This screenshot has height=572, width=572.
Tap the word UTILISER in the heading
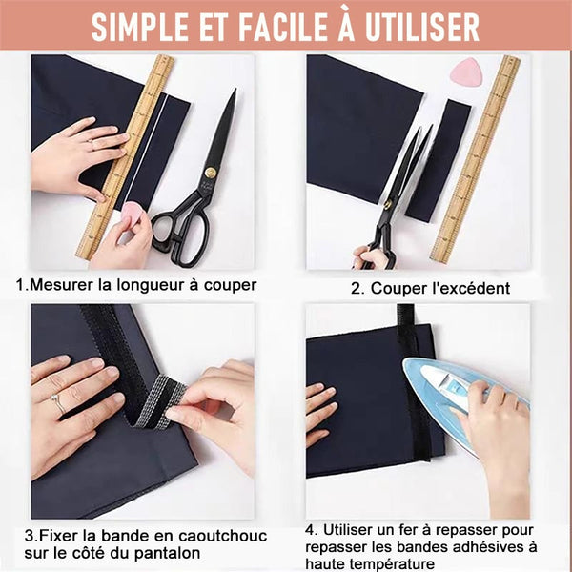(x=422, y=28)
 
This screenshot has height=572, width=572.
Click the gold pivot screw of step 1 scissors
(x=210, y=173)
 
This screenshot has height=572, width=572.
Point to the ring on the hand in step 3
(x=59, y=402)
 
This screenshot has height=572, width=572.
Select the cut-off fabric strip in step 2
(x=438, y=160)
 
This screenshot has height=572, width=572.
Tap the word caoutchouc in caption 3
(x=222, y=536)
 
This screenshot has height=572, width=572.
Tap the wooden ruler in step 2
(x=476, y=158)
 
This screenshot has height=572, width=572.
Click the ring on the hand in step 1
(x=91, y=145)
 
